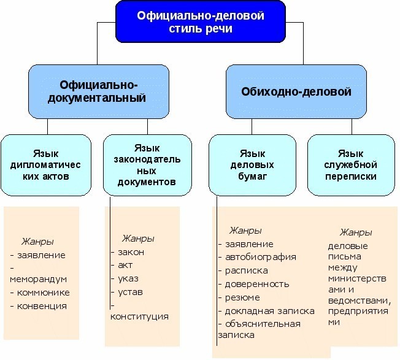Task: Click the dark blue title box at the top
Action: click(201, 22)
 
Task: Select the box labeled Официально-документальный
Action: click(99, 91)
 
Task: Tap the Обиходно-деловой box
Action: click(296, 91)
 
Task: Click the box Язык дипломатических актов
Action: click(46, 165)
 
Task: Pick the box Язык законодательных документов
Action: click(147, 165)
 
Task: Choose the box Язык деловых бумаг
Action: click(252, 165)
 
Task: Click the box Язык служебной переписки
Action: click(351, 165)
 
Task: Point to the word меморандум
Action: click(38, 279)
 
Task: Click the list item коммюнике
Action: click(43, 293)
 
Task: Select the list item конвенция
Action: click(42, 306)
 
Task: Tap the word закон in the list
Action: click(131, 252)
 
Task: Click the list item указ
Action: click(128, 278)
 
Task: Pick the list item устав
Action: click(130, 292)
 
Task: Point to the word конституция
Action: click(139, 316)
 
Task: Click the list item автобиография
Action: click(261, 257)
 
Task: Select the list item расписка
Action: click(247, 270)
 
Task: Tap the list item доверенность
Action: click(257, 284)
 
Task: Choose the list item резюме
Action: click(242, 298)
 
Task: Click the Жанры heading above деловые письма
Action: click(356, 232)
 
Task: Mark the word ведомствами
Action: click(360, 301)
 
